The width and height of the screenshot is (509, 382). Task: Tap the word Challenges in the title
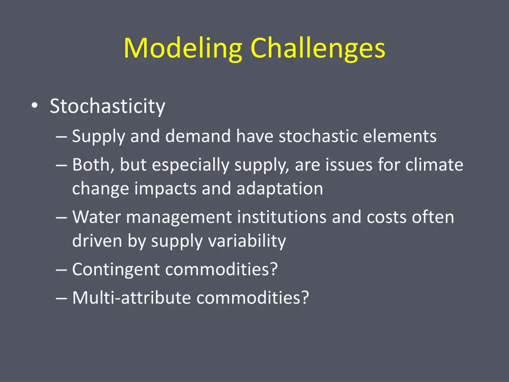pos(318,49)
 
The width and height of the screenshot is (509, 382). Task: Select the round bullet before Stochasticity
pos(33,106)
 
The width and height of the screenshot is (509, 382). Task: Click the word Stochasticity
pos(107,106)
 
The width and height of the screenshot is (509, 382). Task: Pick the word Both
pos(92,165)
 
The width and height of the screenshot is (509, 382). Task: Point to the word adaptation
pos(280,189)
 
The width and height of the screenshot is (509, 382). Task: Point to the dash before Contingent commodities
pos(62,270)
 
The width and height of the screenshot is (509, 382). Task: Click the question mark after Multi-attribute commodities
pos(305,298)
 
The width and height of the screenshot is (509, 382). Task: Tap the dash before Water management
pos(62,218)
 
